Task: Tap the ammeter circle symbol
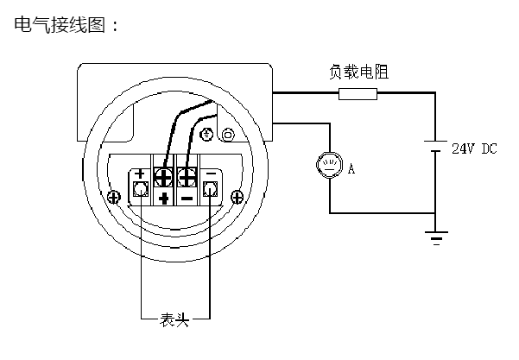[329, 164]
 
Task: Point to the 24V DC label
[474, 148]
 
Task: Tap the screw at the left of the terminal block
[114, 196]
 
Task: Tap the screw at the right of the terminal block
[236, 196]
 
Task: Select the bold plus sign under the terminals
[164, 199]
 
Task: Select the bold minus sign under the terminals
[187, 199]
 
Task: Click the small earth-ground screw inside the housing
[208, 135]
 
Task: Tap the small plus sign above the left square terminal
[139, 174]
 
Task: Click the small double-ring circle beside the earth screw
[228, 135]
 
